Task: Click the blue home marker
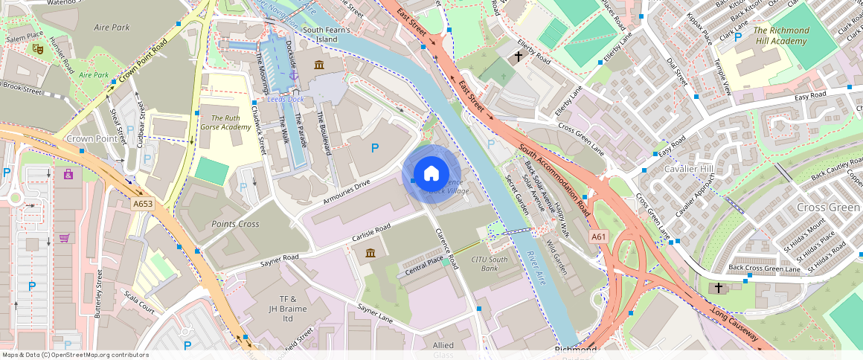coord(431,174)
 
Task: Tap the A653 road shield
coord(142,203)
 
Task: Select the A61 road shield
coord(599,237)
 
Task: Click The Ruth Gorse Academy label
coord(225,123)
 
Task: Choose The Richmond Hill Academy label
coord(781,36)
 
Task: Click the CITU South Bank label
coord(490,263)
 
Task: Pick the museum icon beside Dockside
coord(319,65)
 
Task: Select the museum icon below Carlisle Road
coord(370,254)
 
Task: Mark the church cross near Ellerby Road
coord(519,57)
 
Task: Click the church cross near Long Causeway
coord(718,287)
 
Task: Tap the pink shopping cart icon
coord(65,238)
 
